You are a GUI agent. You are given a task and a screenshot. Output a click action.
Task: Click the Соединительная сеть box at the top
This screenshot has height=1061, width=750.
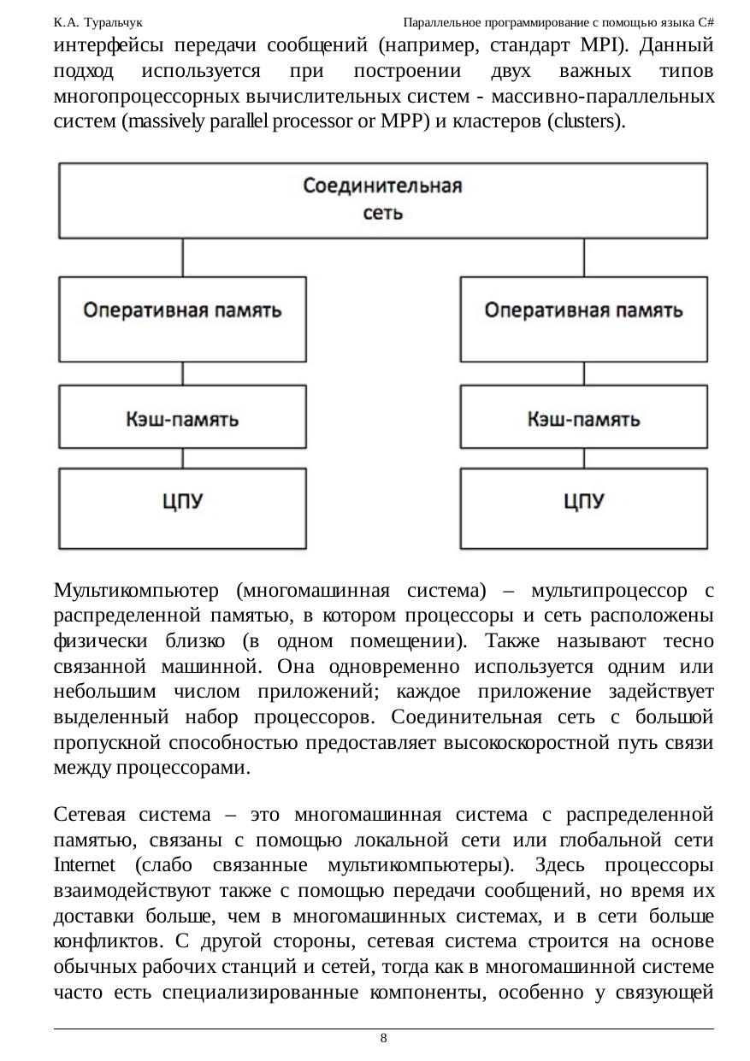382,199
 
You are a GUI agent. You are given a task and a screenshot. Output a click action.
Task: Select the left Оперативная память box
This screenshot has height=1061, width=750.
182,310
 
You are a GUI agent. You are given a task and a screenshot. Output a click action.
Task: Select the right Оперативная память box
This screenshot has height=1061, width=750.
583,310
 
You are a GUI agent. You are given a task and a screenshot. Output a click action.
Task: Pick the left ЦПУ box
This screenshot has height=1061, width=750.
182,502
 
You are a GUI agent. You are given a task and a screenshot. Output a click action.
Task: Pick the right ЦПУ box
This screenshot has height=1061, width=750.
583,502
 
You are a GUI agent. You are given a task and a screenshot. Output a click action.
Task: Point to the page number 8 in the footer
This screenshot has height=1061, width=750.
383,1038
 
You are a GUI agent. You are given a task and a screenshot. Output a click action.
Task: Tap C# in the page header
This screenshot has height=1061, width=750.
706,21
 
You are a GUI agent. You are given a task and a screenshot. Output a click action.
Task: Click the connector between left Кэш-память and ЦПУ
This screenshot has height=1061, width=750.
182,459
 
